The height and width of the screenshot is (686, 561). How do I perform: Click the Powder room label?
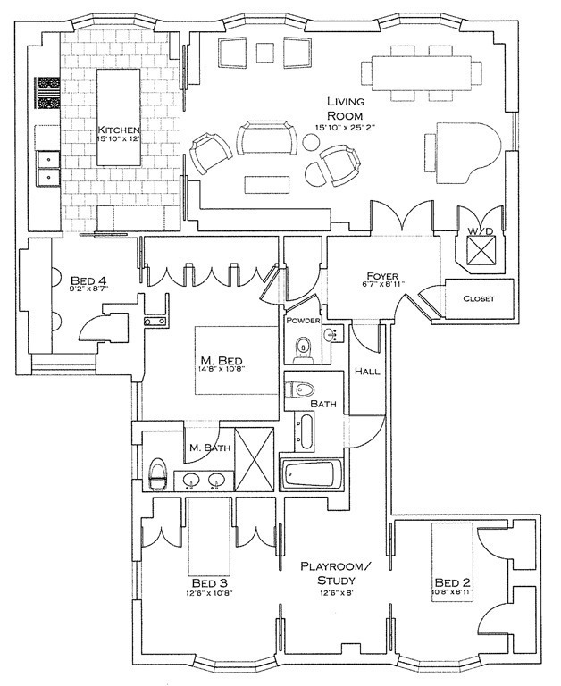303,320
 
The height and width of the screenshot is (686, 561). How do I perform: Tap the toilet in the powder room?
303,347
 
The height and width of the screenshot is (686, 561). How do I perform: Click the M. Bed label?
222,361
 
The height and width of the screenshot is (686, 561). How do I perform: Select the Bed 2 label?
454,585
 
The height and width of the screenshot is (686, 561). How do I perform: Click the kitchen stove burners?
46,93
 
